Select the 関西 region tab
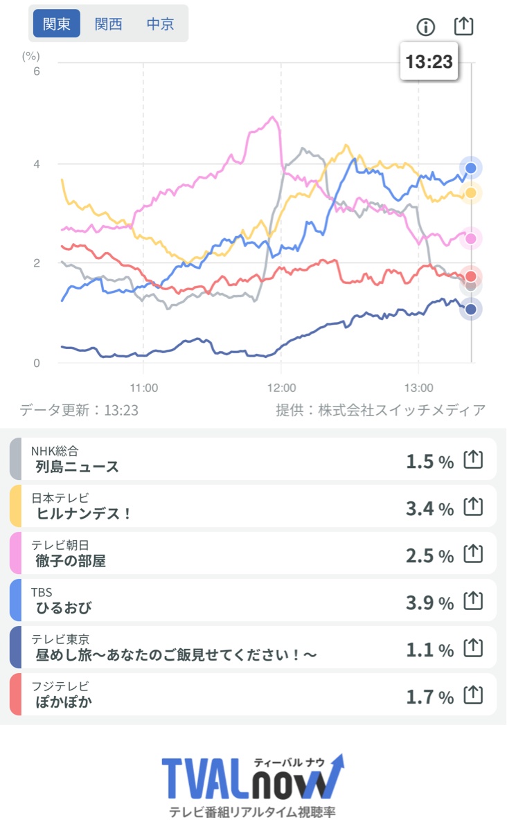tap(109, 24)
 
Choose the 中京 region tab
tap(160, 24)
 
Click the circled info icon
tap(425, 27)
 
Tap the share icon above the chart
tap(463, 26)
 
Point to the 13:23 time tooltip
tap(429, 62)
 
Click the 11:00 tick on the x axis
tap(144, 388)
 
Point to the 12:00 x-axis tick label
tap(281, 388)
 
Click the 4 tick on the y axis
tap(37, 164)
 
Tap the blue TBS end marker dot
tap(471, 168)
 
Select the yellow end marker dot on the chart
tap(471, 193)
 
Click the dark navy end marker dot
tap(471, 310)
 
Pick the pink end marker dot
tap(471, 238)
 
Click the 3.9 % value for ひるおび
tap(429, 602)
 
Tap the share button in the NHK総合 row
tap(472, 459)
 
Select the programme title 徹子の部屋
tap(71, 561)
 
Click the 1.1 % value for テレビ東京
tap(429, 650)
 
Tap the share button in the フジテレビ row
tap(472, 695)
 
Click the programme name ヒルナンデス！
tap(84, 514)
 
